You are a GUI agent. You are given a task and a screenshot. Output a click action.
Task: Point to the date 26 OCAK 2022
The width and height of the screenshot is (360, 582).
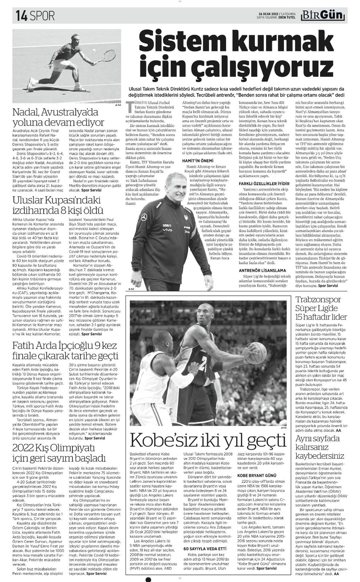coord(268,13)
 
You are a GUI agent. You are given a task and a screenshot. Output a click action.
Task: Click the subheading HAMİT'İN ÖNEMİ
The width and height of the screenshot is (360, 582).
coord(195,161)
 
